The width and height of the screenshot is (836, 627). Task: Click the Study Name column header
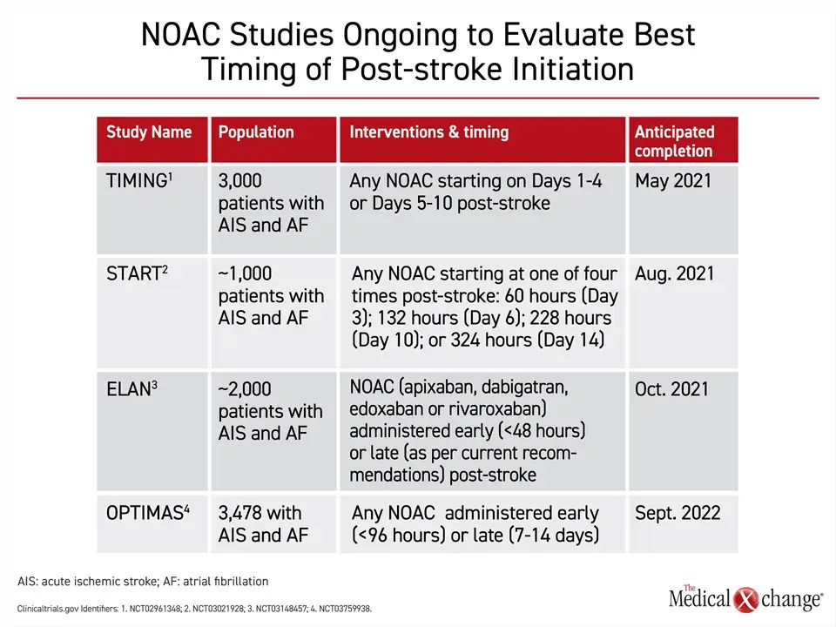pos(149,132)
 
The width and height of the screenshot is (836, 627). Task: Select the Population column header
pos(256,132)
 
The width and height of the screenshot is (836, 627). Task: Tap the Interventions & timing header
pos(428,132)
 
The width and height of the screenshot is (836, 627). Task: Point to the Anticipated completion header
pos(674,141)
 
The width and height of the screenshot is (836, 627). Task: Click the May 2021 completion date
pos(672,181)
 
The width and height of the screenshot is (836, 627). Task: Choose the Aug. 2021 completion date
pos(674,273)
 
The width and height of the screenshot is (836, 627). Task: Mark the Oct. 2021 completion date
pos(671,389)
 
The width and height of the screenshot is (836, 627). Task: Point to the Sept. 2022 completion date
pos(678,513)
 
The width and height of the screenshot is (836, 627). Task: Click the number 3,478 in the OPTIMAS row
pos(240,513)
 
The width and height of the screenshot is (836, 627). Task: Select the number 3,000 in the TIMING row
pos(240,181)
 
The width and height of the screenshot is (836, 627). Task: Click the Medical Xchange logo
pos(745,597)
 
